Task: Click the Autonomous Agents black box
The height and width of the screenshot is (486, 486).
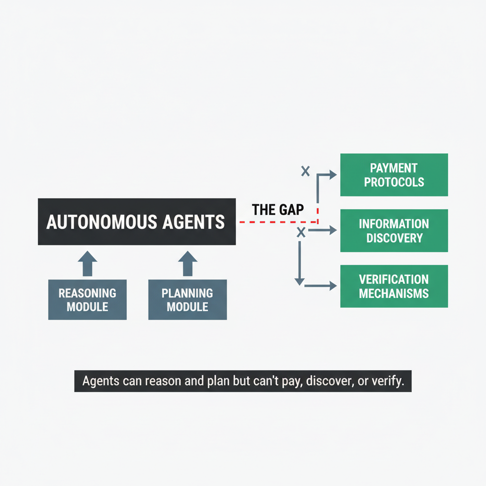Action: (137, 222)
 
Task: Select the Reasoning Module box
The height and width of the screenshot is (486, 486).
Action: (87, 299)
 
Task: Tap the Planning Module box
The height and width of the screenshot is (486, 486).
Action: (187, 299)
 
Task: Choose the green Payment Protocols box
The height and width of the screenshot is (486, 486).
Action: (394, 175)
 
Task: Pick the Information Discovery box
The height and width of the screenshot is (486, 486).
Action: (394, 231)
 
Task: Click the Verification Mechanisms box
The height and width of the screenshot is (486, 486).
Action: (394, 286)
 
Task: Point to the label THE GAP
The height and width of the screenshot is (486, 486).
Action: (278, 209)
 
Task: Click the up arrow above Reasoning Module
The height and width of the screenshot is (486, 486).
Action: (87, 263)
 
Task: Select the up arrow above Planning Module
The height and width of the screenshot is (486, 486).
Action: (187, 263)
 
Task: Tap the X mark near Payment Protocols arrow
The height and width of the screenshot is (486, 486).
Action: (306, 171)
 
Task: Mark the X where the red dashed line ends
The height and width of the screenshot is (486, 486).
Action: (300, 232)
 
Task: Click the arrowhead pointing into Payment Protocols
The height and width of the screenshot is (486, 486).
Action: (333, 175)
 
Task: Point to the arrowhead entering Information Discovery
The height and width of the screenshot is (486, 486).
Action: (333, 231)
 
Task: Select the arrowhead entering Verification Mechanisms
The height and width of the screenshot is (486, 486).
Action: (333, 286)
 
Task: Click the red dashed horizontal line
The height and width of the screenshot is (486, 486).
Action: (275, 222)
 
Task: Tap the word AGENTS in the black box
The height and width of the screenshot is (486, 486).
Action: (195, 222)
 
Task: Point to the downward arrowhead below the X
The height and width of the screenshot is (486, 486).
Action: (299, 281)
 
